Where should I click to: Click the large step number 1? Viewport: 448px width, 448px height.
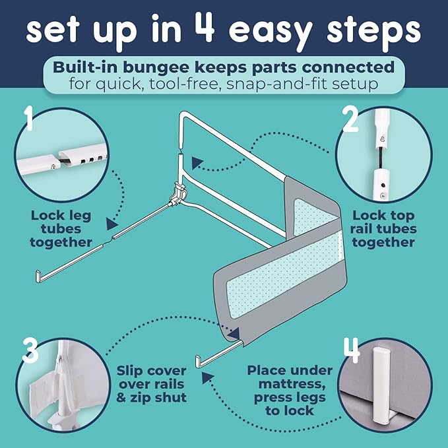pyautogui.click(x=29, y=118)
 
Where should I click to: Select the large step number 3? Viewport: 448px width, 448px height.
pyautogui.click(x=30, y=350)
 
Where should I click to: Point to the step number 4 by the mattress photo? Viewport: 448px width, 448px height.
pyautogui.click(x=352, y=350)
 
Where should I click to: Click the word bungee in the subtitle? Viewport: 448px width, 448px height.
pyautogui.click(x=156, y=67)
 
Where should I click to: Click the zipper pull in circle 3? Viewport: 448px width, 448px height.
pyautogui.click(x=61, y=364)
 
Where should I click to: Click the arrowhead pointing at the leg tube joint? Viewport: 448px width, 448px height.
pyautogui.click(x=112, y=224)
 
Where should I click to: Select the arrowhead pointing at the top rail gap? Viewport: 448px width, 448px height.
pyautogui.click(x=197, y=163)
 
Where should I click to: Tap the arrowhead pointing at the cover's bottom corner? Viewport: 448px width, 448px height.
pyautogui.click(x=234, y=333)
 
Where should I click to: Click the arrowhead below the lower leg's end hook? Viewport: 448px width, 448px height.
pyautogui.click(x=207, y=377)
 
